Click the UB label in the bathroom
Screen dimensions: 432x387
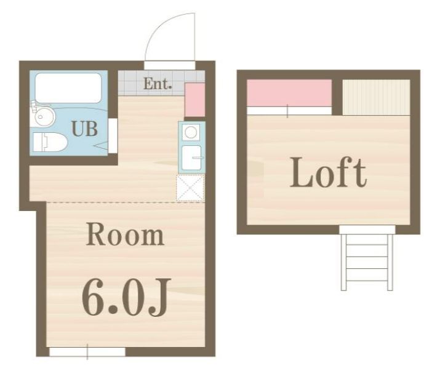click(x=84, y=129)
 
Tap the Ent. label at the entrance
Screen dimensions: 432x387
click(x=158, y=84)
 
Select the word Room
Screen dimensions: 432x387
click(x=126, y=236)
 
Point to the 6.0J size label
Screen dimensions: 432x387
click(x=126, y=297)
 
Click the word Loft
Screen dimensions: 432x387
click(x=328, y=172)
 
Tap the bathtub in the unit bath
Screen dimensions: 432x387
click(x=68, y=88)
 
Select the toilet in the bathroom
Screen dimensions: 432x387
click(x=50, y=142)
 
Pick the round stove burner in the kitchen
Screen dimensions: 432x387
click(x=191, y=132)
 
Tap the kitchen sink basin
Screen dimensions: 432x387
click(x=192, y=158)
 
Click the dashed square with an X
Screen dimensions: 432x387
click(x=190, y=188)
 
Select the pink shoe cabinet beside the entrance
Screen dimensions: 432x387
click(x=195, y=100)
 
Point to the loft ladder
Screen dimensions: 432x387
click(x=367, y=261)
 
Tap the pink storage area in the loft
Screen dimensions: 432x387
click(x=289, y=93)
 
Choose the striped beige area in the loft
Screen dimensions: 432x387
click(x=377, y=97)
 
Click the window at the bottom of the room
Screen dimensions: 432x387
click(x=87, y=352)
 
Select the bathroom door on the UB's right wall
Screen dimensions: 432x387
click(x=113, y=135)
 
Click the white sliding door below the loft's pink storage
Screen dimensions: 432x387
click(x=289, y=111)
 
